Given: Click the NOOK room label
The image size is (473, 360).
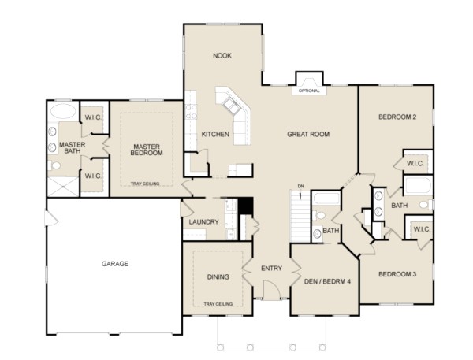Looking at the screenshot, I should point(222,56).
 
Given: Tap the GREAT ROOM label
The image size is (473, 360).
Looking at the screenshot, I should point(308,135).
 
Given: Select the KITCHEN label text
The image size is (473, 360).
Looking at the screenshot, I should point(215,135).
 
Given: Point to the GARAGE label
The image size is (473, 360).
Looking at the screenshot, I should point(115,263).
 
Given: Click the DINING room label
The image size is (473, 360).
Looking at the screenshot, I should point(219,277).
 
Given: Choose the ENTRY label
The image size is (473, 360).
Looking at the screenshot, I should point(271,269).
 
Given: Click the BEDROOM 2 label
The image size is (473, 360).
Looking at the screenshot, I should point(397,117).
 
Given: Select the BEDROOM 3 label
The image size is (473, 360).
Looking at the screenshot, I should point(397,274).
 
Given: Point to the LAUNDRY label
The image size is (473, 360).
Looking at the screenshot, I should point(203,222).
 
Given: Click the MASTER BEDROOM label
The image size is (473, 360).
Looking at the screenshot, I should point(147,150).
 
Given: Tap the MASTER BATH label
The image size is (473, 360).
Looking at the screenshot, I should point(72,148).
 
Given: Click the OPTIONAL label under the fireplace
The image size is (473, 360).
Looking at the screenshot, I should point(307,91).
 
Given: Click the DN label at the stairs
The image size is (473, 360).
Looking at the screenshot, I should point(300,186).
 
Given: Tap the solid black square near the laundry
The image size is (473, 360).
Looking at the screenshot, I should point(245,206).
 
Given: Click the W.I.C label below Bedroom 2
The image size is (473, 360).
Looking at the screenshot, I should point(416,164).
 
